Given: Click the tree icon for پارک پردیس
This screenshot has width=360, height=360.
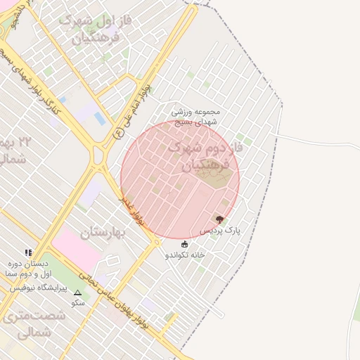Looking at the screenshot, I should coord(219,219).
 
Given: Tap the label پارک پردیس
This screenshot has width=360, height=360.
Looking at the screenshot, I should coord(219,230).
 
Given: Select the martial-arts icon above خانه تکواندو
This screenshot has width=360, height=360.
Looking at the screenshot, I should coord(185,244).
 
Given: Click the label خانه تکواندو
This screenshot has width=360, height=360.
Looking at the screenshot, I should coord(185,255).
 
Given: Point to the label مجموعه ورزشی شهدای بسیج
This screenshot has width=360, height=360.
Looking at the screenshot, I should coord(196,116).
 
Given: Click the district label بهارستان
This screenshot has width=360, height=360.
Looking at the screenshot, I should coord(106,231).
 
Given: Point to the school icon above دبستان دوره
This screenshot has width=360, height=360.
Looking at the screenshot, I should coord(28,252).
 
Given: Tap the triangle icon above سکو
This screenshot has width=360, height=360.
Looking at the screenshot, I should coord(77,292).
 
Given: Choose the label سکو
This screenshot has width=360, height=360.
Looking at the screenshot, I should coord(77,303).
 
